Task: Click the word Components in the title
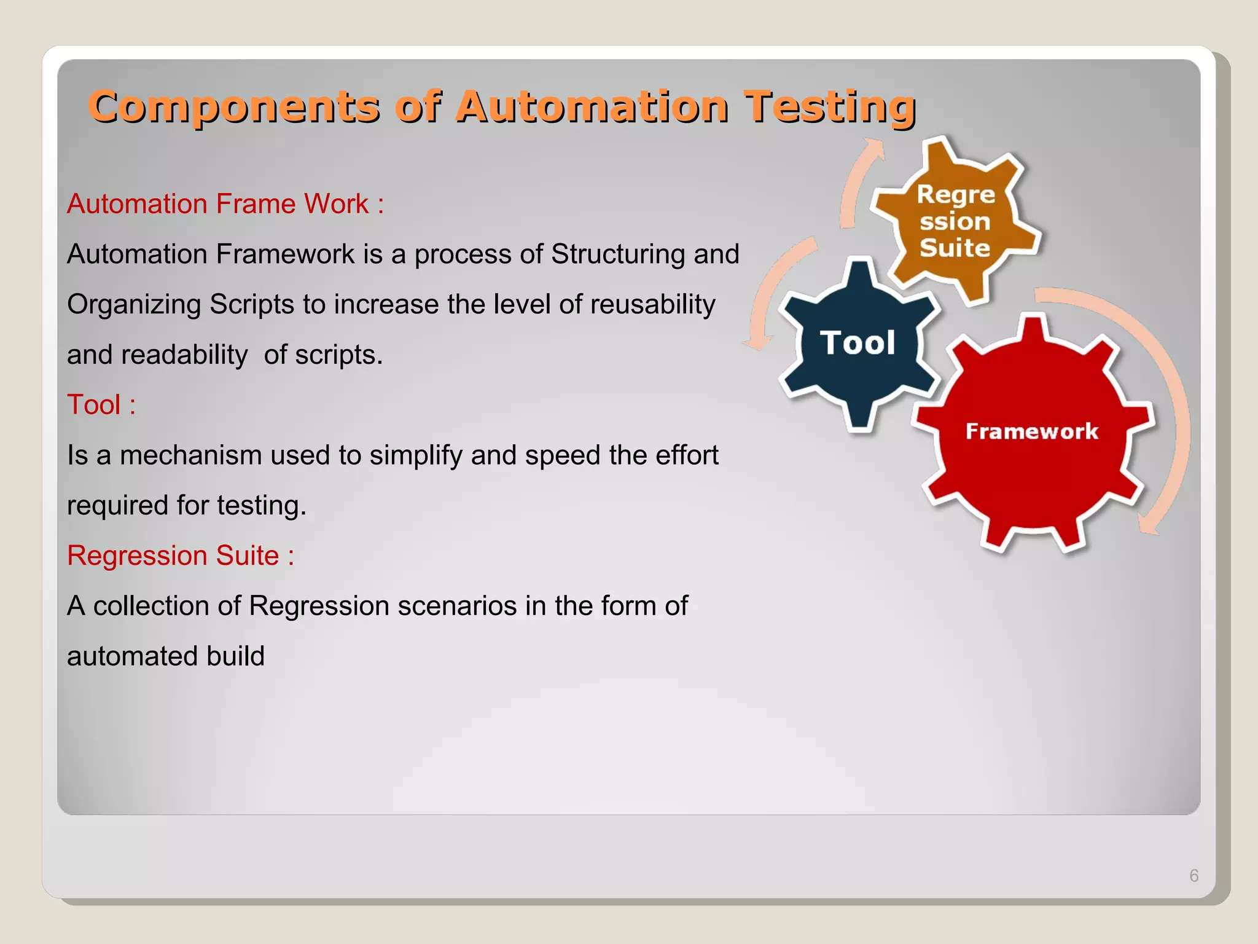(x=233, y=108)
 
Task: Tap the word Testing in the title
(x=829, y=108)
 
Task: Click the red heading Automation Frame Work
(x=225, y=204)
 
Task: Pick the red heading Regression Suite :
(x=181, y=556)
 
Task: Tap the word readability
(x=184, y=355)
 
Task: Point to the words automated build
(x=166, y=656)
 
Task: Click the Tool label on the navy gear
(x=858, y=343)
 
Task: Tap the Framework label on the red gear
(x=1031, y=431)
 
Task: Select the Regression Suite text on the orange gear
(x=955, y=221)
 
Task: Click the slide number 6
(x=1194, y=876)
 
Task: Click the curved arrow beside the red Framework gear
(x=1172, y=406)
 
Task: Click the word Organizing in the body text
(x=134, y=305)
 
